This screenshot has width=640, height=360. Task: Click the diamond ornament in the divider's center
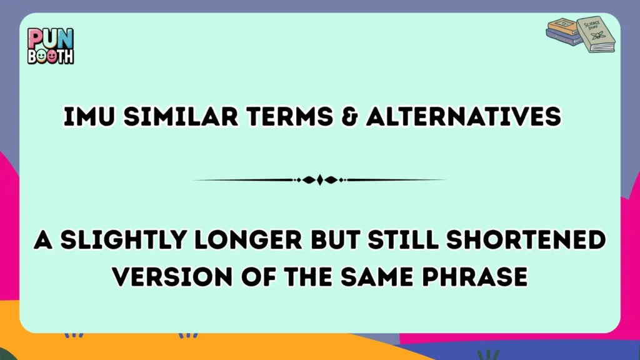point(320,180)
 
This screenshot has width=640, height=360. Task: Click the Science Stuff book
point(596,34)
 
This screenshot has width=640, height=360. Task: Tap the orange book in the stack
point(562,27)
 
